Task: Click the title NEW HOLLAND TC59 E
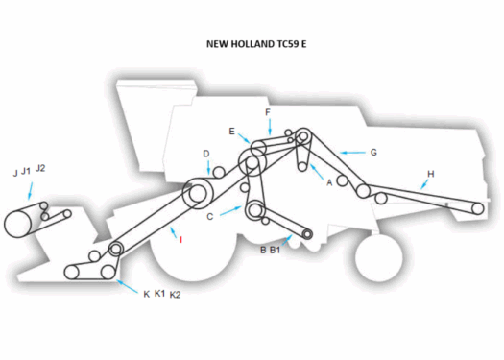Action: tap(253, 43)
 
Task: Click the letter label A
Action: tap(329, 181)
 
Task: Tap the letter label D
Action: tap(205, 154)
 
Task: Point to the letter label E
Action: tap(232, 131)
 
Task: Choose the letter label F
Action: tap(268, 112)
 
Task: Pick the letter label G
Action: tap(373, 152)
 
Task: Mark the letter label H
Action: tap(431, 173)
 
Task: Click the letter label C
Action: tap(209, 217)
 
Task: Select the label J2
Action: tap(40, 169)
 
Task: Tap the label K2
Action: tap(175, 295)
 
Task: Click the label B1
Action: tap(275, 250)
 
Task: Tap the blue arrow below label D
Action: tap(209, 169)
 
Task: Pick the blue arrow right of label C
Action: tap(230, 208)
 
